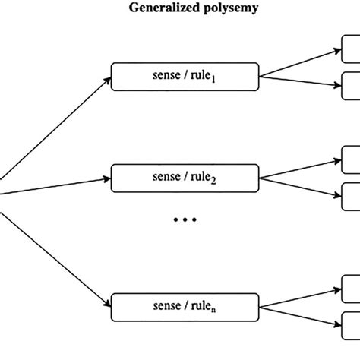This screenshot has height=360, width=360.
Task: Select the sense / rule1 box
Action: [185, 77]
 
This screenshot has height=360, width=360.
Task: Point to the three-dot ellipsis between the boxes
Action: [185, 220]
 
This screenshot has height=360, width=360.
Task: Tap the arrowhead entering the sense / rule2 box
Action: [107, 181]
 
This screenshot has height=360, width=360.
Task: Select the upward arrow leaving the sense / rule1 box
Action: [300, 64]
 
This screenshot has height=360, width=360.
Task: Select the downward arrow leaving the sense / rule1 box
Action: [300, 84]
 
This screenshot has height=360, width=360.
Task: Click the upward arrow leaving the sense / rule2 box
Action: [300, 169]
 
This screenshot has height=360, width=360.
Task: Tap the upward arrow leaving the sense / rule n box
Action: [300, 297]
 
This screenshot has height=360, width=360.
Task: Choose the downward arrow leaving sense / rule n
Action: [300, 314]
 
